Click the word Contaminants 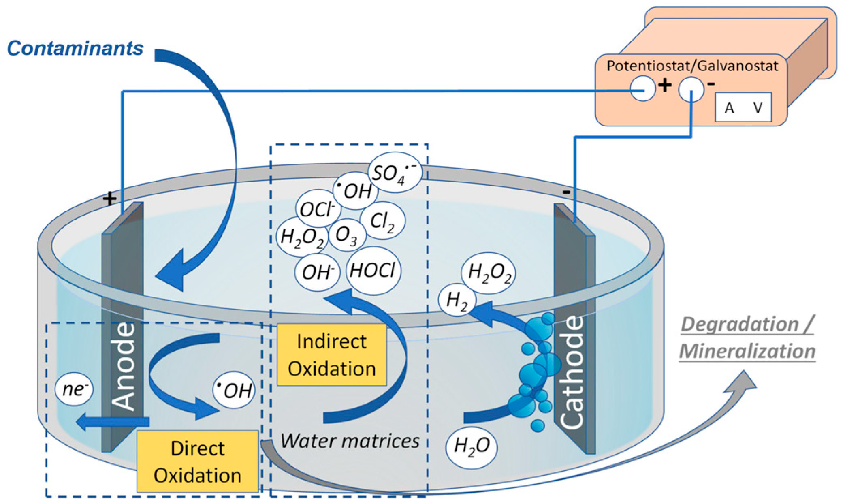coord(75,49)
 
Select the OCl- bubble coord(318,209)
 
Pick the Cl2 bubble coord(382,221)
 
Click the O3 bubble coord(347,235)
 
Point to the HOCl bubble coord(373,270)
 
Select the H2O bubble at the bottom coord(472,446)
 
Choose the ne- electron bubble coord(74,389)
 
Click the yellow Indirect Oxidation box coord(332,355)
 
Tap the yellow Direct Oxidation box coord(198,461)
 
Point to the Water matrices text coord(350,441)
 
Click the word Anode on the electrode coord(123,367)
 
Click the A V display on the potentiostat coord(743,108)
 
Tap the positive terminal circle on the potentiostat coord(642,88)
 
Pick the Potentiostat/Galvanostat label coord(692,66)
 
